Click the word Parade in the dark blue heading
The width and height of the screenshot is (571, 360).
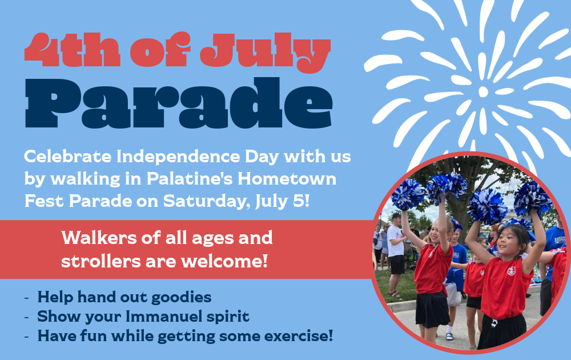(178, 103)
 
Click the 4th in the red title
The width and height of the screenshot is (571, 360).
(73, 50)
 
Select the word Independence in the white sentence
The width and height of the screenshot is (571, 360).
(178, 157)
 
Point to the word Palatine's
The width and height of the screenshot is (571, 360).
(190, 179)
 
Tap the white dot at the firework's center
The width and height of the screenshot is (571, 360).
(483, 92)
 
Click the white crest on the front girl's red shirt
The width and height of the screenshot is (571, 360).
(511, 271)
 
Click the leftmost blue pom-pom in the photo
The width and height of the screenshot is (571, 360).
(408, 195)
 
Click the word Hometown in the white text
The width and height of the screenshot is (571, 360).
(287, 179)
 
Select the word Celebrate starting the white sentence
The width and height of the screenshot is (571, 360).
(68, 157)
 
